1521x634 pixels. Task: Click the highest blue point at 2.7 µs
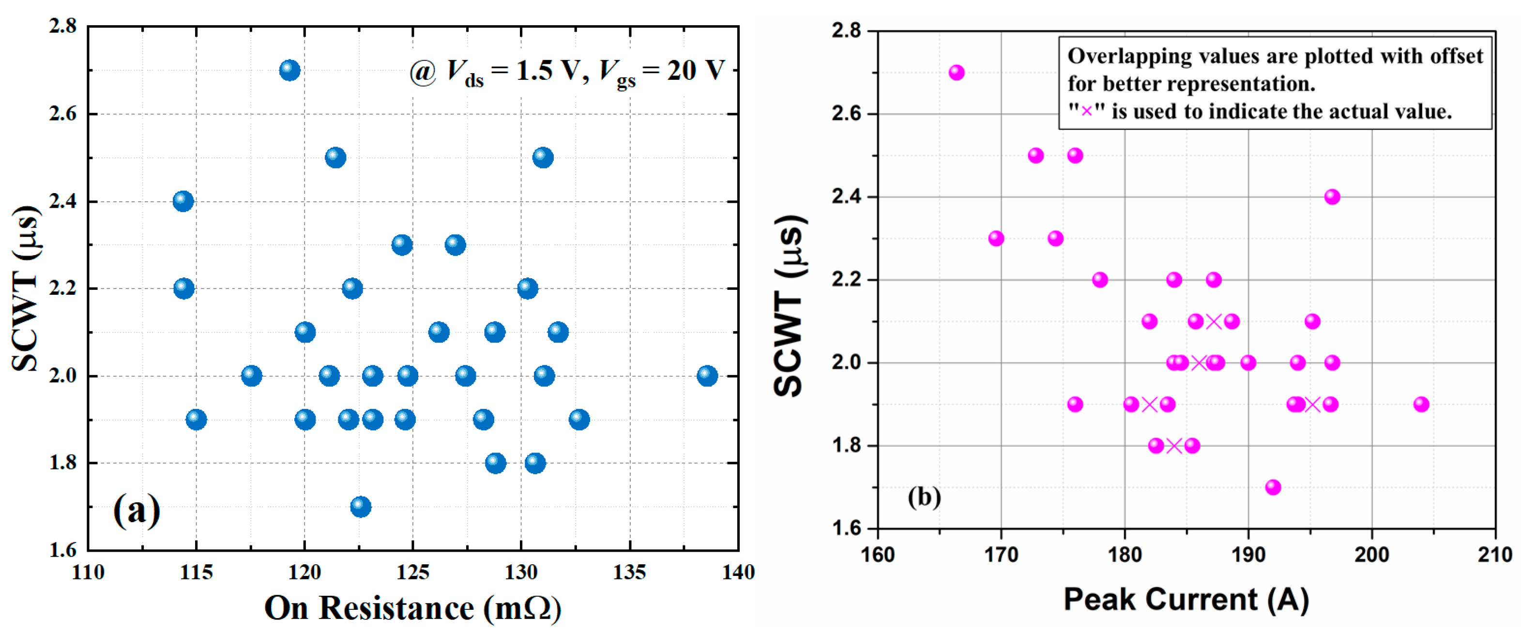click(x=289, y=70)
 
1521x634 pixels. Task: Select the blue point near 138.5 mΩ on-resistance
click(x=707, y=376)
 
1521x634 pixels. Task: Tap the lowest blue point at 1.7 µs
click(x=360, y=507)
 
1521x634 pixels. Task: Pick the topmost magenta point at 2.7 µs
click(x=957, y=73)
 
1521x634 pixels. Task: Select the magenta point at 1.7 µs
click(x=1273, y=487)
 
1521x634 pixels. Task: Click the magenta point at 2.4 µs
click(x=1332, y=196)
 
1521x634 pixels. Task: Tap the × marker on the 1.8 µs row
click(x=1174, y=446)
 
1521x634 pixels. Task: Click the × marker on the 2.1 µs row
click(x=1214, y=321)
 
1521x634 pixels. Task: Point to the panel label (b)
click(x=924, y=497)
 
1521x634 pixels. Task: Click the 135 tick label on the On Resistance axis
click(x=629, y=572)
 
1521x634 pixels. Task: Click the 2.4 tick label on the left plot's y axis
click(x=62, y=201)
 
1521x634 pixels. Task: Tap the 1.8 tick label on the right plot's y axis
click(x=847, y=446)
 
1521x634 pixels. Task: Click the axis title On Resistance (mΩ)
click(x=412, y=608)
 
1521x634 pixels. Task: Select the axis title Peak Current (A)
click(x=1186, y=600)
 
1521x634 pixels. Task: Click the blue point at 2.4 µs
click(x=183, y=201)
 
